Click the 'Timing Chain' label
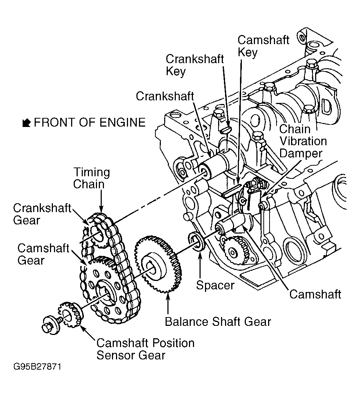[92, 178]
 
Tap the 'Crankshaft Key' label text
[195, 65]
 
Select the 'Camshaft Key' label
[263, 46]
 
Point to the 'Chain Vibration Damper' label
[303, 141]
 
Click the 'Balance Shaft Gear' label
[218, 322]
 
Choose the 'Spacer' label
[215, 285]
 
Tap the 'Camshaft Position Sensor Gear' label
[145, 349]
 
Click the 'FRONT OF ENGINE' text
[90, 123]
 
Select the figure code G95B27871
[37, 367]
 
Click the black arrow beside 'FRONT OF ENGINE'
[26, 123]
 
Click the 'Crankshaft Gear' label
[42, 214]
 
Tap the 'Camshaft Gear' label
[43, 254]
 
